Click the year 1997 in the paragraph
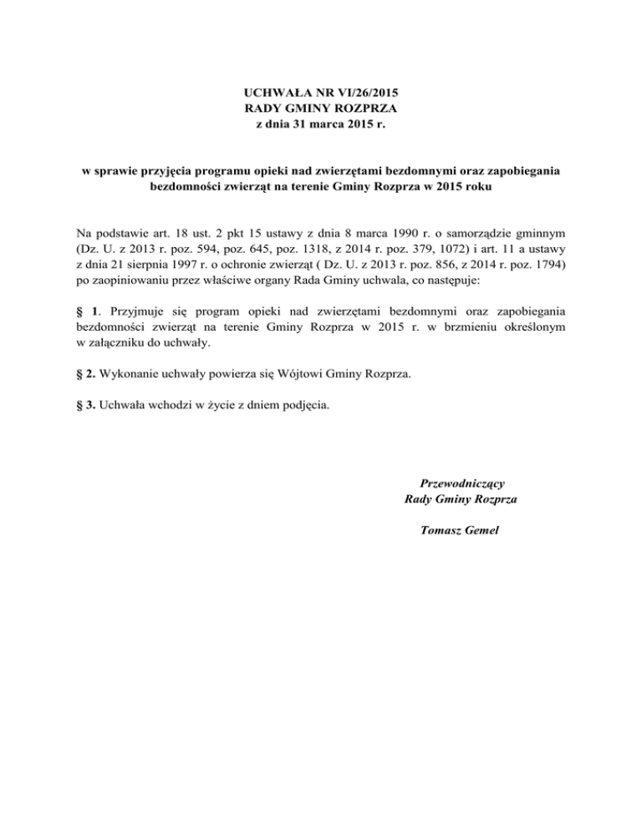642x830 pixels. point(185,265)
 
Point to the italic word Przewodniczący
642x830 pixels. point(460,483)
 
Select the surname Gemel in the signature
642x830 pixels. point(480,529)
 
